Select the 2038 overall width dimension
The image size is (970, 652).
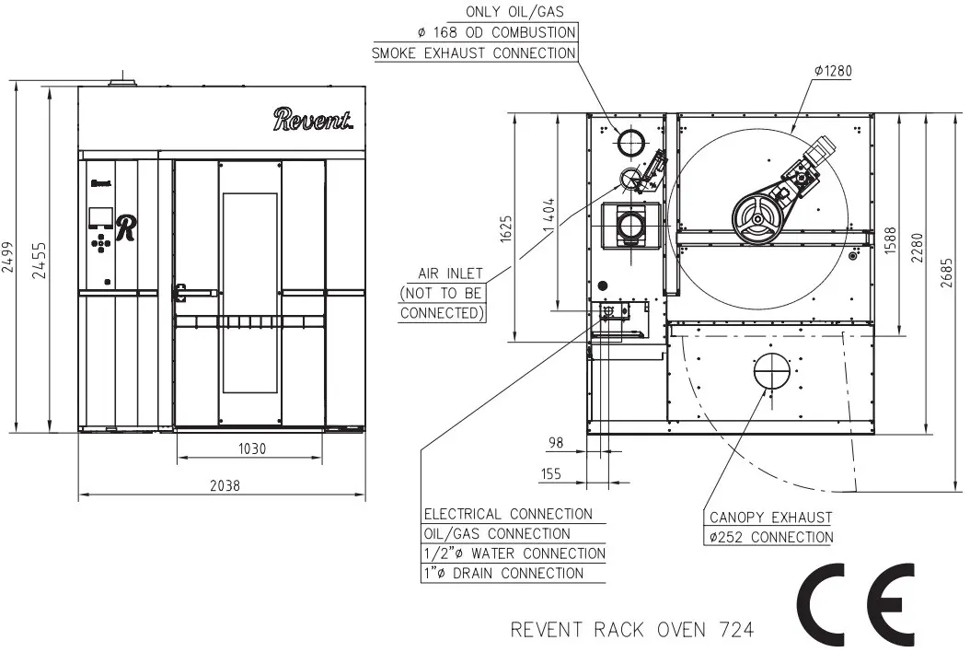[224, 486]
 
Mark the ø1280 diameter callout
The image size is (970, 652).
[835, 71]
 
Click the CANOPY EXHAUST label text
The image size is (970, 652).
[771, 518]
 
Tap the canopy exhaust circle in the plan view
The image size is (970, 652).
[771, 371]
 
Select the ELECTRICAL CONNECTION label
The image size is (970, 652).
[508, 514]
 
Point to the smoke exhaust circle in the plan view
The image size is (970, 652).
[630, 143]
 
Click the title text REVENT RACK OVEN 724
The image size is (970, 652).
[632, 630]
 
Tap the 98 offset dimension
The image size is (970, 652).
[555, 443]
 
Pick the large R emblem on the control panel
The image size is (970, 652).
[126, 227]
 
